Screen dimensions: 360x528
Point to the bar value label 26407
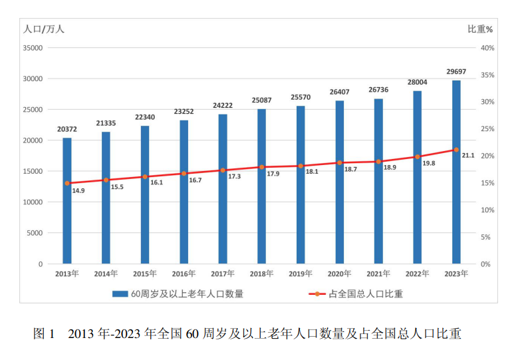pos(339,92)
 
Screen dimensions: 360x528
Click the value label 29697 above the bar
pos(456,71)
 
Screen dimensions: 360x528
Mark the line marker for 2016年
pos(184,174)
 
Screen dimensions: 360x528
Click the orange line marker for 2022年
pos(418,157)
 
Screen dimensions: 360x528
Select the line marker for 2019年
pos(301,166)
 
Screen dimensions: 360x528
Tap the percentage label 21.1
pos(467,155)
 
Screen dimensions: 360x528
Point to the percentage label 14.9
pos(78,191)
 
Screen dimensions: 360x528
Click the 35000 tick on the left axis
pos(33,48)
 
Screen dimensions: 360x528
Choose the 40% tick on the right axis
pos(486,48)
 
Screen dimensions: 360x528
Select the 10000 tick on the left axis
pos(33,202)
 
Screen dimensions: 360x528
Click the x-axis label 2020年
pos(339,273)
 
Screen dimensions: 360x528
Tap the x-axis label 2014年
pos(106,273)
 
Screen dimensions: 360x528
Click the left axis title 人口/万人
pos(44,29)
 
